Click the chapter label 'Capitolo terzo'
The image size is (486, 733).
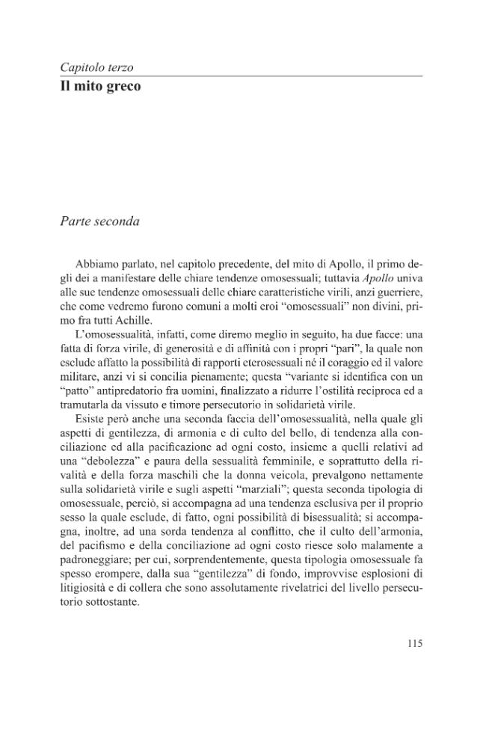point(96,67)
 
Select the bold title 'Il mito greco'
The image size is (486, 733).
point(100,87)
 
